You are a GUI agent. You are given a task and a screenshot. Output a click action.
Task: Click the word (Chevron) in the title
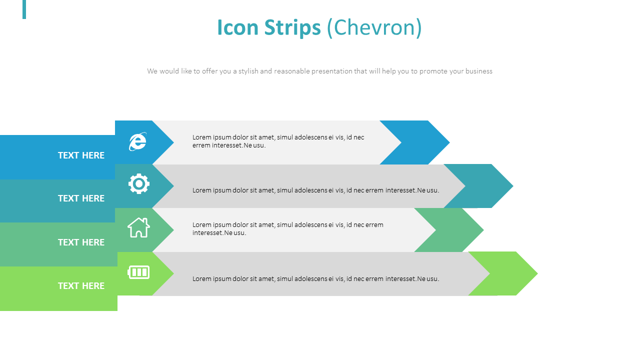[374, 27]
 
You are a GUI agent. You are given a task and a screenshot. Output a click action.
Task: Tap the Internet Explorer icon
[138, 141]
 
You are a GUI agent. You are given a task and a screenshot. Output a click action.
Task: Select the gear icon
[139, 184]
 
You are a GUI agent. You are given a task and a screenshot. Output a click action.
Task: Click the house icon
[138, 228]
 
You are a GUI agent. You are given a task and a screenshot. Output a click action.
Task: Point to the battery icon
[138, 272]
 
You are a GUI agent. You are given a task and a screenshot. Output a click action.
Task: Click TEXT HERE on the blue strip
[81, 155]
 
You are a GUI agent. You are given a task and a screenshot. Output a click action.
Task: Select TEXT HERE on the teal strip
[81, 198]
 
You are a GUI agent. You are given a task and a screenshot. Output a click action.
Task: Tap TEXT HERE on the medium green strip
[81, 242]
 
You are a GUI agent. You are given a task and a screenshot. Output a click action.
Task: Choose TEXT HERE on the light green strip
[81, 286]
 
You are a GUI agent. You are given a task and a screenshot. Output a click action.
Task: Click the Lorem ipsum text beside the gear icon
[315, 190]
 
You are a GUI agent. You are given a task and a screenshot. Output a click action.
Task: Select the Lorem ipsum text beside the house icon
[287, 229]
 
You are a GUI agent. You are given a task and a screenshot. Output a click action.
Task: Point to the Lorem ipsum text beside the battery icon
[315, 279]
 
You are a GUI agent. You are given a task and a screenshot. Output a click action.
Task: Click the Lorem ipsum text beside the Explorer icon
[278, 141]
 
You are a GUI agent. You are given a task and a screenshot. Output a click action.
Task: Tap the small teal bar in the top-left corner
[24, 9]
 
